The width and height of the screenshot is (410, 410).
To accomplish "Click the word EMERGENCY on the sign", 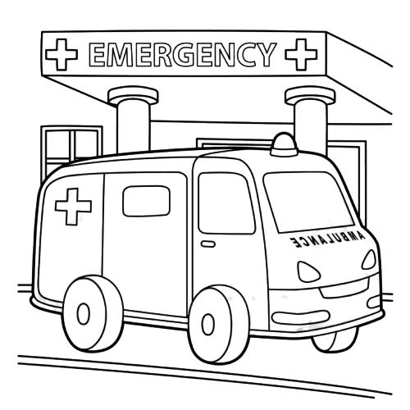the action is [x=181, y=54].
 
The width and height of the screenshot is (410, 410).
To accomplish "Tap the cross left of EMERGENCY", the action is [x=61, y=54].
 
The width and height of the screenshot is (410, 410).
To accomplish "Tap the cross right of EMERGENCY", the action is [x=301, y=54].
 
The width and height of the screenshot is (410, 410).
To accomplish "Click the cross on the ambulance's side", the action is [x=73, y=207].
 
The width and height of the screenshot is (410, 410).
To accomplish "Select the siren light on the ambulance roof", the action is [x=284, y=144].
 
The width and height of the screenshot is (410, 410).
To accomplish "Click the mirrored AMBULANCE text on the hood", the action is [x=327, y=239].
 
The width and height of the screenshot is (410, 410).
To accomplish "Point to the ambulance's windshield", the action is [x=308, y=202].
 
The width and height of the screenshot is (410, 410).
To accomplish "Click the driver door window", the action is [x=226, y=203].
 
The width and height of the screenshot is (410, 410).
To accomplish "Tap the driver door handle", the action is [x=208, y=244].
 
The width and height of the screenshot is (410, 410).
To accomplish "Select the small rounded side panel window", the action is [x=146, y=201].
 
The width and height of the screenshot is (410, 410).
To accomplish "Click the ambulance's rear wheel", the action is [x=93, y=313].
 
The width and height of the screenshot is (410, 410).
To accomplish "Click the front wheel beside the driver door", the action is [x=219, y=325].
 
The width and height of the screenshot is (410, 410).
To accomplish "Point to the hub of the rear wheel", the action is [x=84, y=314].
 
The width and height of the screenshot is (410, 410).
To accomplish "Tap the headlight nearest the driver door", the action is [x=307, y=272].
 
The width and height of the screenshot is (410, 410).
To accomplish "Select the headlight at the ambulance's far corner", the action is [x=369, y=260].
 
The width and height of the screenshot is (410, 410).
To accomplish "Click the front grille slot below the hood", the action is [x=345, y=289].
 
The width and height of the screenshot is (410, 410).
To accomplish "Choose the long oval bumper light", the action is [x=301, y=317].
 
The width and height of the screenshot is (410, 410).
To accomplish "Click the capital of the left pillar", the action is [x=134, y=96].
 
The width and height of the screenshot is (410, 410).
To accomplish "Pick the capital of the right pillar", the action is [x=310, y=96].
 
